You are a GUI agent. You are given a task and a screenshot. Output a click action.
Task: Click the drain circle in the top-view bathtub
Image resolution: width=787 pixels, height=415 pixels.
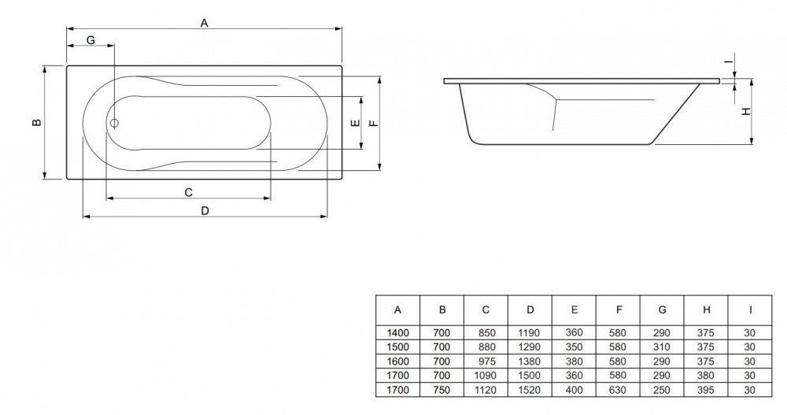(x=114, y=123)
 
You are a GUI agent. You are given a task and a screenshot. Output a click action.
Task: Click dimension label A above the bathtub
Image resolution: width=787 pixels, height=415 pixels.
(x=204, y=23)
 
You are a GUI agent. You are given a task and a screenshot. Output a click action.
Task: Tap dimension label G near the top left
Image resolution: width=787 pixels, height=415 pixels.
(x=91, y=39)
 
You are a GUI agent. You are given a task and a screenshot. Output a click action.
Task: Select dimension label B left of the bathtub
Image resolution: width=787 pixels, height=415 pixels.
(x=36, y=122)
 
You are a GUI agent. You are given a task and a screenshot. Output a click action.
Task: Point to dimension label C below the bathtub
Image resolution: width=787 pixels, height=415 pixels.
(x=188, y=192)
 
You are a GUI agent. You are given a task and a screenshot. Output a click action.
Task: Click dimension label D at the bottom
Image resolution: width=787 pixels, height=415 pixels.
(x=205, y=210)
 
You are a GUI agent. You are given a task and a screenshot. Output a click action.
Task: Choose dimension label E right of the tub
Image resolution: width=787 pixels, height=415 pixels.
(x=355, y=123)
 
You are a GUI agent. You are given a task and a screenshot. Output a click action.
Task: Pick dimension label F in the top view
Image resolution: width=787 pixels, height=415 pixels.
(x=373, y=123)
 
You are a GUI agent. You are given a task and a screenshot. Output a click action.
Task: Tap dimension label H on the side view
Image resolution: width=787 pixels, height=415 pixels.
(x=747, y=112)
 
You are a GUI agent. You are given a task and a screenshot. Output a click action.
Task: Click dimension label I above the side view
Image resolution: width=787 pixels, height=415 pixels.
(x=727, y=61)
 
